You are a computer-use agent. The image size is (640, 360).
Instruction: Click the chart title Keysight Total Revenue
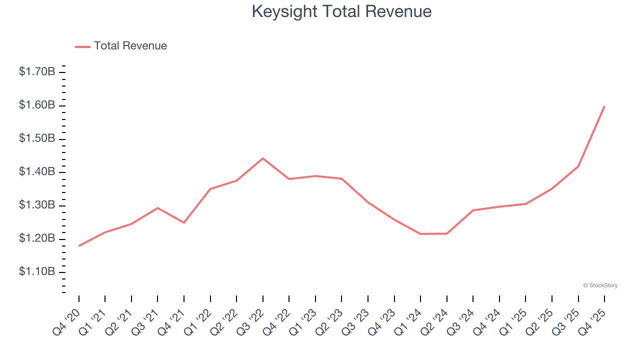341,11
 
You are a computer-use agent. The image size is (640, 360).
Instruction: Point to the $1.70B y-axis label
37,72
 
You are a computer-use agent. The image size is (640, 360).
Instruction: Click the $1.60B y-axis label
37,105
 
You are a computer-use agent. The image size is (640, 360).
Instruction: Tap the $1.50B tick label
37,138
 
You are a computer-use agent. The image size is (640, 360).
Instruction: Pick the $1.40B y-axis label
37,172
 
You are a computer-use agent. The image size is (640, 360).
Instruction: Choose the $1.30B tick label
37,205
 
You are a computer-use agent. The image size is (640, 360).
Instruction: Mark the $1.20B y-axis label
37,238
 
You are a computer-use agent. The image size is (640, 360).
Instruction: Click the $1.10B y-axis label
37,272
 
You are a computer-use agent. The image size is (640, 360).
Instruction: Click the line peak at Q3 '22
263,158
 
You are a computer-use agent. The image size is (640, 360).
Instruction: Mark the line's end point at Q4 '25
604,106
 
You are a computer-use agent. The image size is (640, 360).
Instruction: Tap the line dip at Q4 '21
184,222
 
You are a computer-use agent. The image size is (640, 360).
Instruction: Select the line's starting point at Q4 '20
79,245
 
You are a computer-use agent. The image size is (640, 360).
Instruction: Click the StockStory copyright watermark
600,285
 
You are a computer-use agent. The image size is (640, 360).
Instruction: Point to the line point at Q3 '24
473,210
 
